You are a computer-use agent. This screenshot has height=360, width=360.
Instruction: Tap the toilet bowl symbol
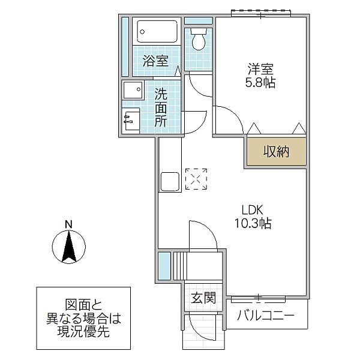click(x=199, y=40)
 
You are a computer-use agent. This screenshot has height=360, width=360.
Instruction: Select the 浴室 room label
click(x=155, y=60)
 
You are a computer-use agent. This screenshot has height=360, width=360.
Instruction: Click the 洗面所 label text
click(x=160, y=107)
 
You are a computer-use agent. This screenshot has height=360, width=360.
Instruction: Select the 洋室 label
click(x=261, y=68)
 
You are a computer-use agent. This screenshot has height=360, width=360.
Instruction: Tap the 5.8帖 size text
click(x=261, y=83)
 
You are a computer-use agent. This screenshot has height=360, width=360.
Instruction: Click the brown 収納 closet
click(x=275, y=151)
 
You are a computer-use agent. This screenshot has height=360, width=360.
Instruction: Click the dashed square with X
click(x=196, y=179)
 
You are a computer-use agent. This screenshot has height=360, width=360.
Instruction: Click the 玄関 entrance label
click(x=203, y=298)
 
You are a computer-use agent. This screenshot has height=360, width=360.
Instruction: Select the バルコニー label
click(x=265, y=316)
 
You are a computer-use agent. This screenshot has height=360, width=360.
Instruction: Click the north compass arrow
click(x=69, y=246)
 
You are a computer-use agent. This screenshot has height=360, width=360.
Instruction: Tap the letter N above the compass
click(x=69, y=225)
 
